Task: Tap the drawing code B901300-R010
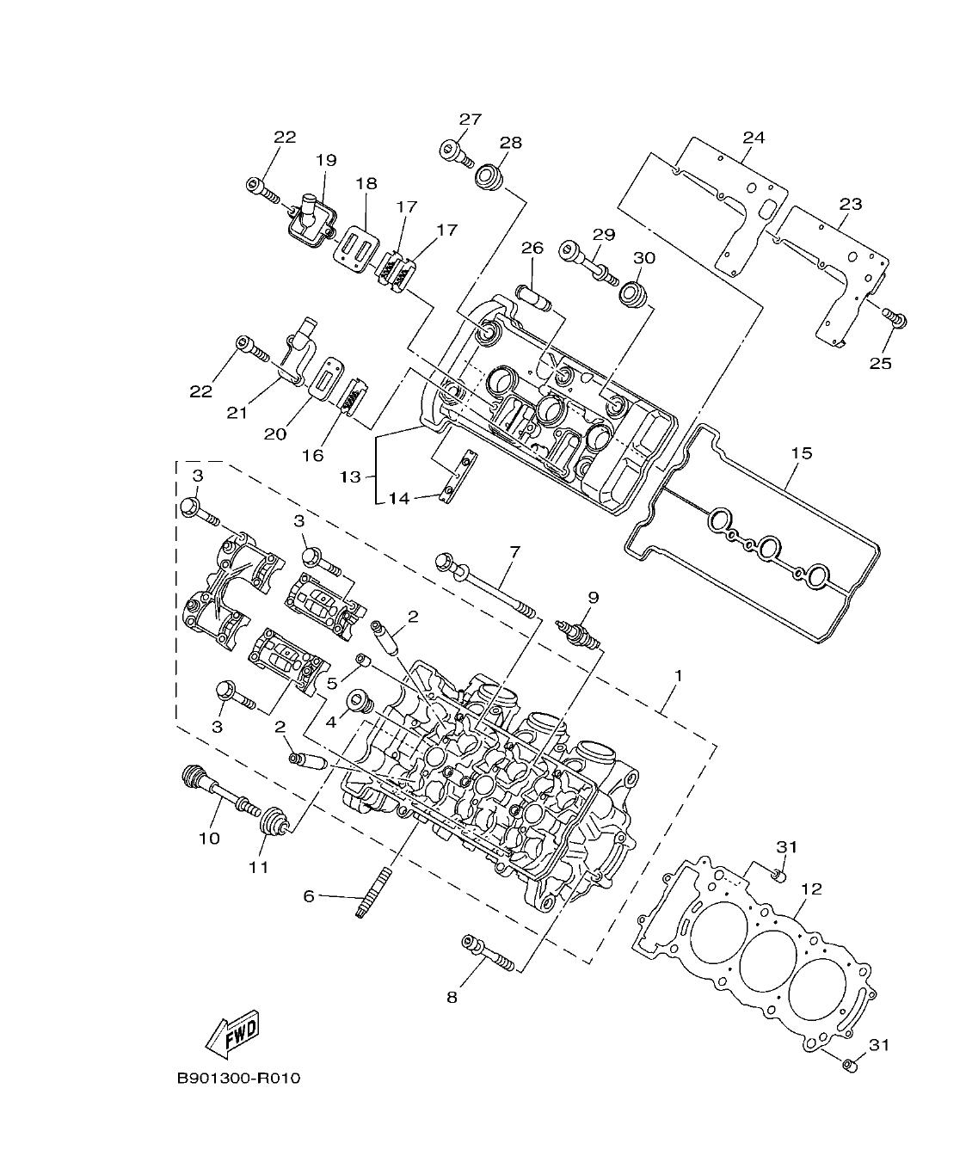pyautogui.click(x=238, y=1079)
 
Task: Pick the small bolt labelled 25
pyautogui.click(x=895, y=319)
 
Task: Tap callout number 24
pyautogui.click(x=754, y=138)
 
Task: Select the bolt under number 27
pyautogui.click(x=457, y=153)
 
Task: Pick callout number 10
pyautogui.click(x=210, y=838)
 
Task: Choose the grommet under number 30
pyautogui.click(x=635, y=293)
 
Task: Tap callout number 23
pyautogui.click(x=850, y=205)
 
